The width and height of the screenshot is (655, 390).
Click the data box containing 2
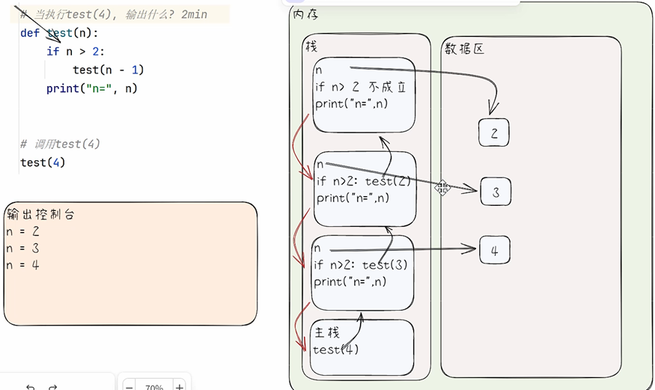(494, 133)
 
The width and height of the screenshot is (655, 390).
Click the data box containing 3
(496, 192)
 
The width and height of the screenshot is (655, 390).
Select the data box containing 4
(494, 250)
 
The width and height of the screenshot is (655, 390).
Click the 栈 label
(311, 46)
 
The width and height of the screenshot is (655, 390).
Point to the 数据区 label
(465, 49)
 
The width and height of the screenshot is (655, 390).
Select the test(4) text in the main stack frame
(335, 349)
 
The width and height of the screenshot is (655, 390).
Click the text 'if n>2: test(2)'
(362, 181)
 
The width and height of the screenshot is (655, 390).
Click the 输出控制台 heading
(40, 215)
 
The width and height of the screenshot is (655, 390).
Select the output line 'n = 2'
(22, 231)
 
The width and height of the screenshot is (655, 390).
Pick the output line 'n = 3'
(22, 248)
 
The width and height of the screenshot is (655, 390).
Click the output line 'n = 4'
(22, 264)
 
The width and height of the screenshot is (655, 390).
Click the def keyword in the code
(30, 33)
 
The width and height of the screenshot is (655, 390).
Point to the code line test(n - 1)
(108, 70)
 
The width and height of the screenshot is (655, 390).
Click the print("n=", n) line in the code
(91, 88)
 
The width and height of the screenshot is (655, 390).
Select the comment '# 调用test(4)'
(60, 144)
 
